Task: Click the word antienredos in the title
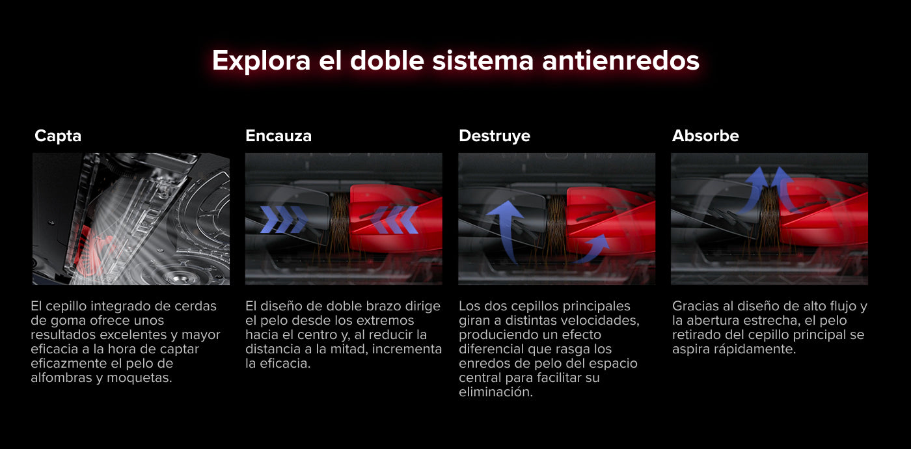621,61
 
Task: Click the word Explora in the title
262,62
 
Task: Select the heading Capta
58,136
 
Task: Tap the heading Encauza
279,135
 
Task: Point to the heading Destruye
495,136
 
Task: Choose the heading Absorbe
705,135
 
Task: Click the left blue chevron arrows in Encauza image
284,220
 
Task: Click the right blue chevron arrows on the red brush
394,220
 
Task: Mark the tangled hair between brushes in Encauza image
340,220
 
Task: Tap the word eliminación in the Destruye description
496,392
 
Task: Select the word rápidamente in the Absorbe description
755,349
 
